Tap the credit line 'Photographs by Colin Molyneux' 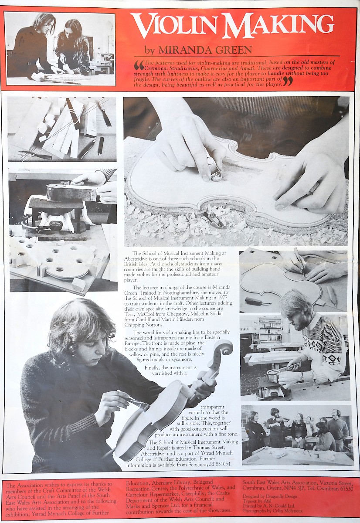[x=272, y=511]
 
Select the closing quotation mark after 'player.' [x=287, y=82]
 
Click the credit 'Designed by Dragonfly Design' [x=270, y=496]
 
